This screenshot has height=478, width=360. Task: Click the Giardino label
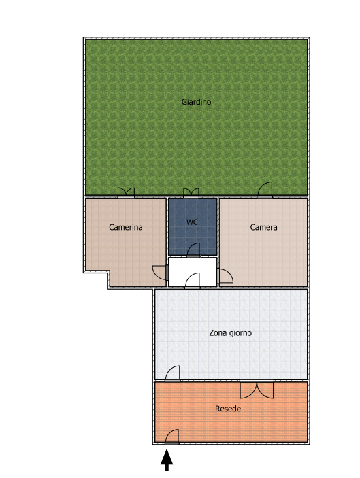[196, 102]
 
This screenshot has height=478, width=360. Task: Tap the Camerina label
[126, 227]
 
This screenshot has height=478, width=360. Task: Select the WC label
[192, 222]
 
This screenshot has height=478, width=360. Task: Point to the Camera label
[263, 227]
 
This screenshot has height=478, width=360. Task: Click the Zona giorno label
[230, 333]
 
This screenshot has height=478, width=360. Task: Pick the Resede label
[228, 409]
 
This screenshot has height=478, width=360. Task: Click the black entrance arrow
[167, 460]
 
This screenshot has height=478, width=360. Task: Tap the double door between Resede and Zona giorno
[257, 390]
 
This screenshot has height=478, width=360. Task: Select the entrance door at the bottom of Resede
[171, 437]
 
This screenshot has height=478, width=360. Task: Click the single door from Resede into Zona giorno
[172, 374]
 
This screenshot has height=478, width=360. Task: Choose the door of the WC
[193, 250]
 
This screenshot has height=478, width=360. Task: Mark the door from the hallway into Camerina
[160, 273]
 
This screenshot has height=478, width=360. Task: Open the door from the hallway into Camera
[225, 276]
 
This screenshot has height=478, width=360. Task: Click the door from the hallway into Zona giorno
[192, 280]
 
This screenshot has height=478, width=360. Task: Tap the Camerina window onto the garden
[126, 192]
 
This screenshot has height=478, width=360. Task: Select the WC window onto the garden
[191, 192]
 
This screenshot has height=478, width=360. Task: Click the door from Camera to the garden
[265, 190]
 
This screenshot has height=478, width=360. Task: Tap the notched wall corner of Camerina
[108, 272]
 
